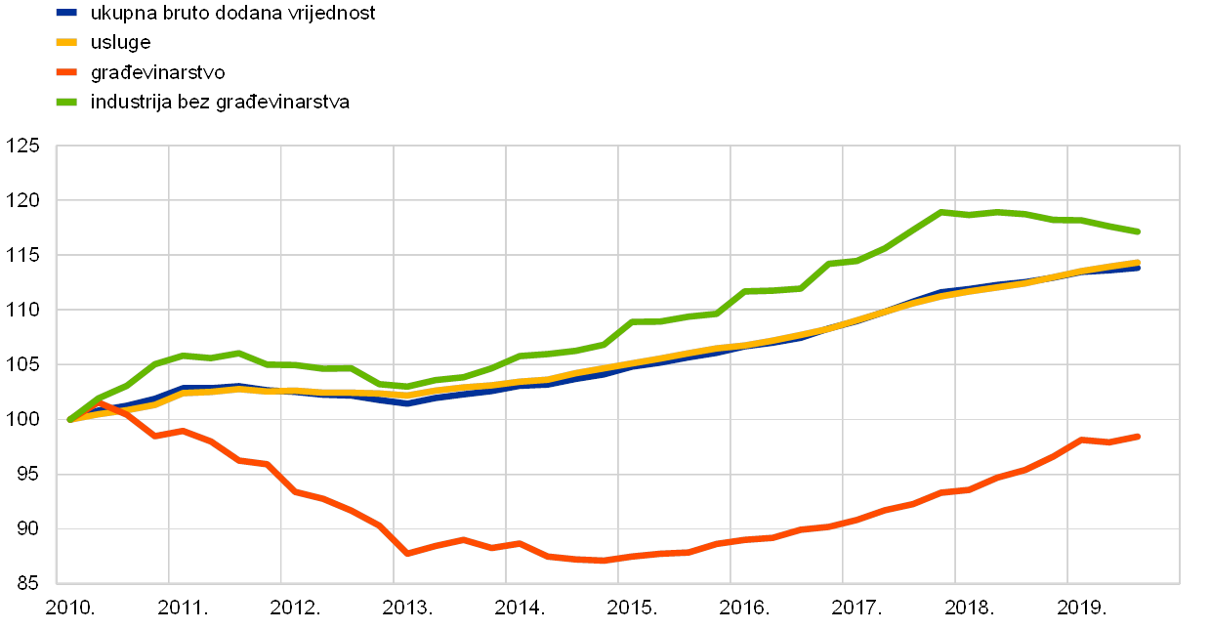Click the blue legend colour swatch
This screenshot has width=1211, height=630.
(67, 13)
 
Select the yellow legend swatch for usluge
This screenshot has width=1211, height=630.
(67, 42)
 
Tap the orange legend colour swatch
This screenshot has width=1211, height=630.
(67, 71)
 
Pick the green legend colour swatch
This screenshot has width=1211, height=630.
(67, 102)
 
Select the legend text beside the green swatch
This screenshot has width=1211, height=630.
(220, 102)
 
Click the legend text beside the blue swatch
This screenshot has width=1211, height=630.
(231, 14)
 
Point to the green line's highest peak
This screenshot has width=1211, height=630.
(940, 211)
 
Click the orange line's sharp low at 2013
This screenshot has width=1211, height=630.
(406, 554)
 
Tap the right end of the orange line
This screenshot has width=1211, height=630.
(1139, 436)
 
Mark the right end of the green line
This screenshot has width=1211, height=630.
(1139, 231)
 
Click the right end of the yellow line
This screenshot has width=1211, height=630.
(1139, 262)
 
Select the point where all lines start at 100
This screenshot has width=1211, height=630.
(69, 419)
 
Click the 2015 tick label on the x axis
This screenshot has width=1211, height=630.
(629, 608)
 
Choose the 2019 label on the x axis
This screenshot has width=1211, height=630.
(1078, 608)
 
